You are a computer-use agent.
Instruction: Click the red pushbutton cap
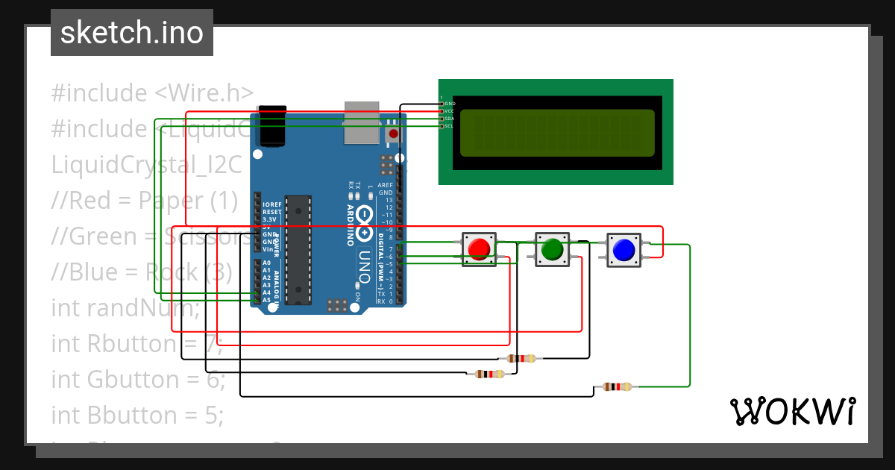(x=479, y=248)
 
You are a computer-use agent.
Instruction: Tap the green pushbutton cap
(x=552, y=249)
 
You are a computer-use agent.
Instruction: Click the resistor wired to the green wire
(x=617, y=386)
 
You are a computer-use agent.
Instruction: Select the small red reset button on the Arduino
(x=392, y=134)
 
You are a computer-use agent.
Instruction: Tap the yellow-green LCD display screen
(x=556, y=133)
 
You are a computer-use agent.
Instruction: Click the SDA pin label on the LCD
(x=450, y=119)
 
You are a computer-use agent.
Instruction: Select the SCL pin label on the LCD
(x=450, y=126)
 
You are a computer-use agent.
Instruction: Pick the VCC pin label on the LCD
(x=450, y=111)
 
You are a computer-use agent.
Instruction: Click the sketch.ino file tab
(x=132, y=33)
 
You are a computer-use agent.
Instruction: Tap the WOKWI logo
(x=792, y=411)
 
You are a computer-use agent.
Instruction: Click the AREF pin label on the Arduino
(x=385, y=185)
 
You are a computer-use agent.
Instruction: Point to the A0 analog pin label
(x=266, y=263)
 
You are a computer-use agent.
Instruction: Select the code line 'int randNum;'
(x=125, y=307)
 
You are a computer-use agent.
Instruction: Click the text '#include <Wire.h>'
(x=152, y=93)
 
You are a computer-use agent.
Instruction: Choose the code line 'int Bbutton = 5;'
(x=137, y=415)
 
